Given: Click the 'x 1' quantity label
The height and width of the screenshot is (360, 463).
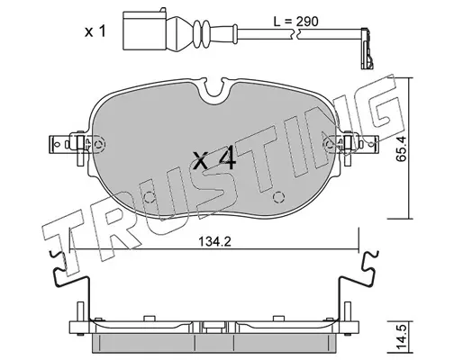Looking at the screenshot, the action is (x=95, y=31).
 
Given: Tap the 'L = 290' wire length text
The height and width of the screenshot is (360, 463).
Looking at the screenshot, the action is (x=295, y=22).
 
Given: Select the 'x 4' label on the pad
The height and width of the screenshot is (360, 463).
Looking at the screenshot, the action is (x=214, y=159).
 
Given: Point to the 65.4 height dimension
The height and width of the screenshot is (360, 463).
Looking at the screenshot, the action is (x=401, y=148).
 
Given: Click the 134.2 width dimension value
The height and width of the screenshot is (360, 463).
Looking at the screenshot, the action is (x=215, y=241).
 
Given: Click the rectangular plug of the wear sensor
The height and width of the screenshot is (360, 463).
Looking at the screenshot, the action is (x=144, y=31).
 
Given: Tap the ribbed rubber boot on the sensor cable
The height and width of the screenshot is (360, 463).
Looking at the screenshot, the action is (x=201, y=33).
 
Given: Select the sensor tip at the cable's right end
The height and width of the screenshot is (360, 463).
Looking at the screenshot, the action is (x=367, y=48).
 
